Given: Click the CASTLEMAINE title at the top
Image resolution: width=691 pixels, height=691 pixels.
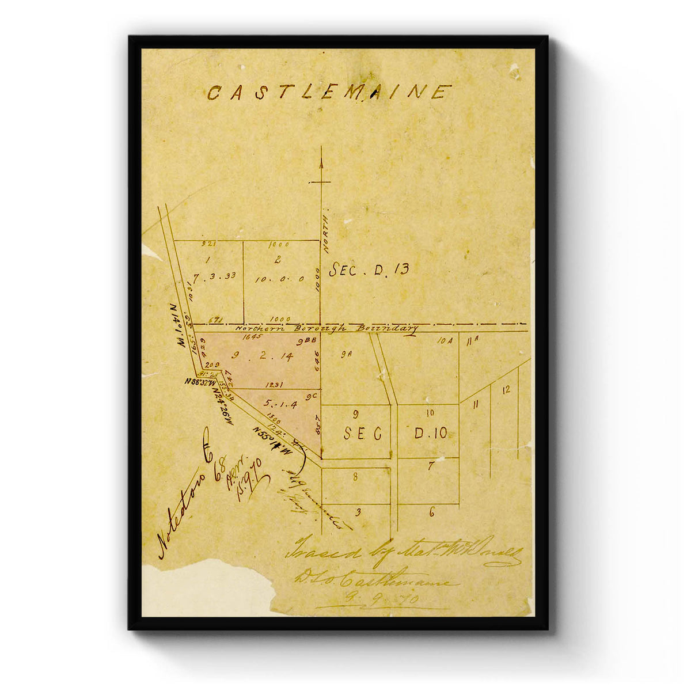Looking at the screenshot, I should coord(329,93).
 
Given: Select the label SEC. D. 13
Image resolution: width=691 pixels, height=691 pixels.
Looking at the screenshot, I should coord(369,269).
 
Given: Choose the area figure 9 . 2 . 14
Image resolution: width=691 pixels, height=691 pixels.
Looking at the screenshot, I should coord(256,355).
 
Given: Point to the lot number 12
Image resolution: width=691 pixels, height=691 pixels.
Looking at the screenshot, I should coord(506,390).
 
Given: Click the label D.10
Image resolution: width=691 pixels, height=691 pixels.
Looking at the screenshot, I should coord(430,433).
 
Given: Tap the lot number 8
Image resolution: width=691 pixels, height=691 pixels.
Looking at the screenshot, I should coord(355,476).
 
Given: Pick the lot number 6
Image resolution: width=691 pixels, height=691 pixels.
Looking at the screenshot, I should coord(432,512).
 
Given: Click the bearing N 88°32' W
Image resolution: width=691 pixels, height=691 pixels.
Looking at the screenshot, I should coord(199,382).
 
